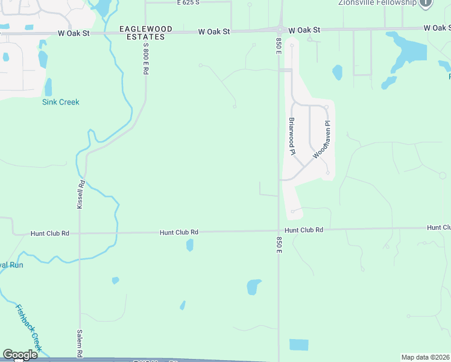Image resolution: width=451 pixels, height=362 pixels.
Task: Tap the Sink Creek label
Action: pyautogui.click(x=61, y=102)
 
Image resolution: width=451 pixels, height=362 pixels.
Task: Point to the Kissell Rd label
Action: pyautogui.click(x=80, y=194)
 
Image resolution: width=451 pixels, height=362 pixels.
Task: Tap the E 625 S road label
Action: pyautogui.click(x=188, y=2)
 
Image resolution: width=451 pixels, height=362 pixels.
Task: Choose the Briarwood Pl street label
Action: pyautogui.click(x=291, y=136)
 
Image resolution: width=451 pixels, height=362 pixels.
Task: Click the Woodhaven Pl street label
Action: pyautogui.click(x=322, y=140)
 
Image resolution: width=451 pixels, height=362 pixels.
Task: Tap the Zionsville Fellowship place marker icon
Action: pyautogui.click(x=426, y=3)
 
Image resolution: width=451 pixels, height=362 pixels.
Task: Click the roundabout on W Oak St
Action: pyautogui.click(x=280, y=30)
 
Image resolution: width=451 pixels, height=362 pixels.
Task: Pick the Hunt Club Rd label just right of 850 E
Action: pyautogui.click(x=304, y=230)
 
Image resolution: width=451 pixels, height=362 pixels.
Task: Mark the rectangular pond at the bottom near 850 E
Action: pyautogui.click(x=298, y=345)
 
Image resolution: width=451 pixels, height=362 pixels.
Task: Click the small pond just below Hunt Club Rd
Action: pyautogui.click(x=190, y=245)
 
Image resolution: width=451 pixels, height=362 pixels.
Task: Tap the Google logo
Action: pyautogui.click(x=20, y=355)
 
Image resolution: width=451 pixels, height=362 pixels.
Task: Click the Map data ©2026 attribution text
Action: pyautogui.click(x=426, y=357)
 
